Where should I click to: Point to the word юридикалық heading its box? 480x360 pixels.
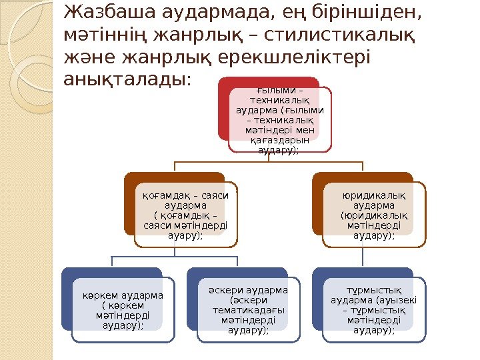pyautogui.click(x=373, y=195)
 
